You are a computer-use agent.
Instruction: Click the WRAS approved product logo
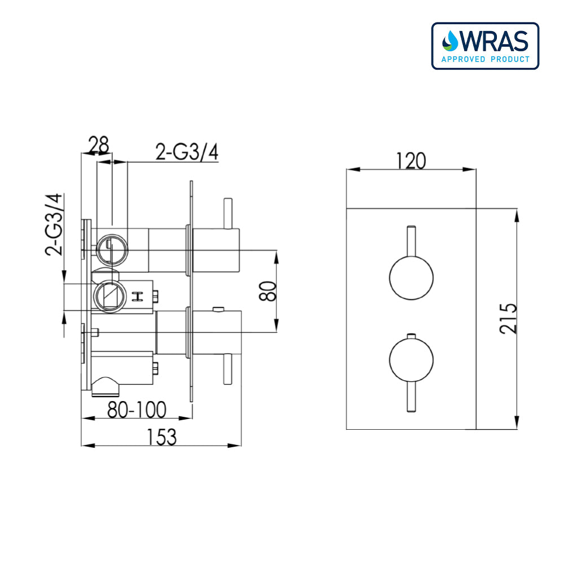[485, 46]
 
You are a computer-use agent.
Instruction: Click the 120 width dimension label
[410, 161]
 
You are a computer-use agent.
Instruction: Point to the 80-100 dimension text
[137, 410]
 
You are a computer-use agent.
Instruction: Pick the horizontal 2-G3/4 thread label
[187, 152]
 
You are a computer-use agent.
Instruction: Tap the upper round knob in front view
[412, 277]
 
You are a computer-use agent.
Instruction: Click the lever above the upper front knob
[412, 240]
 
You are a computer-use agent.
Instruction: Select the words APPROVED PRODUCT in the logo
[485, 59]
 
